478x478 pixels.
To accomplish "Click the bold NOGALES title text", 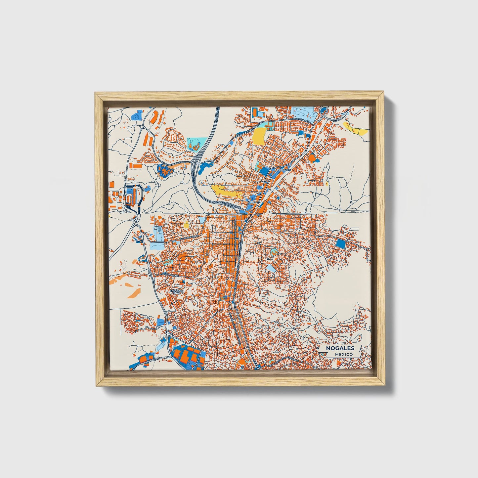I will click(x=340, y=348).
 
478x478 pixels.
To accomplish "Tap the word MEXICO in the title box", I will click(x=343, y=354).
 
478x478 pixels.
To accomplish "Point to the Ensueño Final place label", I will click(x=174, y=291).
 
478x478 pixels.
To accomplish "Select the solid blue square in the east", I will click(x=340, y=244).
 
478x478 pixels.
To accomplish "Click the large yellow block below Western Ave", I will click(x=259, y=136).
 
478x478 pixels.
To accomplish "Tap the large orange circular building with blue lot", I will click(x=312, y=158).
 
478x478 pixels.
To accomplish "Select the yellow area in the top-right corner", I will click(x=357, y=129).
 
